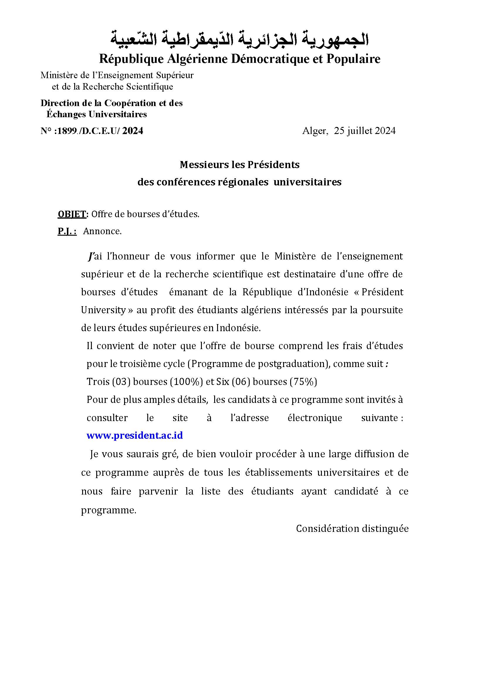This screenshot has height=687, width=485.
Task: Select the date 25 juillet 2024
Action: pos(365,131)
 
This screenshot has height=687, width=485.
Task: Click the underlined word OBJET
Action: pos(72,214)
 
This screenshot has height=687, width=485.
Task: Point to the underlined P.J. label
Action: pos(67,231)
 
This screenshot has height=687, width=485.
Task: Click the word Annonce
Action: pos(102,231)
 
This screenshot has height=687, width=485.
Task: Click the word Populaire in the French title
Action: pos(353,59)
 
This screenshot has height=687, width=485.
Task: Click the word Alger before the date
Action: pos(314,131)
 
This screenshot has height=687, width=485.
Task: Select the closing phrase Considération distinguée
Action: pos(352,529)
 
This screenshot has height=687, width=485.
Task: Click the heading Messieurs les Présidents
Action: pos(239,165)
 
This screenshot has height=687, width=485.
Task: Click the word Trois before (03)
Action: pos(98,382)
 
